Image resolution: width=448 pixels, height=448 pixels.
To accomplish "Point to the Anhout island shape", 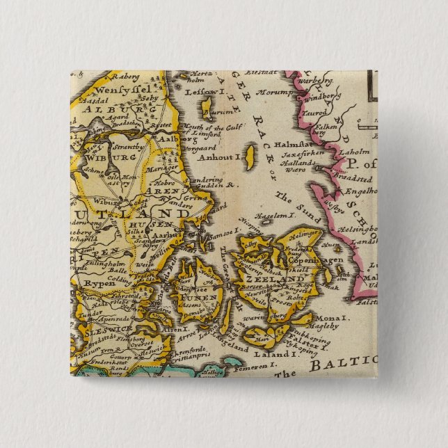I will [250, 153].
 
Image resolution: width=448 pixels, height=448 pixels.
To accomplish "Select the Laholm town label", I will [358, 151].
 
